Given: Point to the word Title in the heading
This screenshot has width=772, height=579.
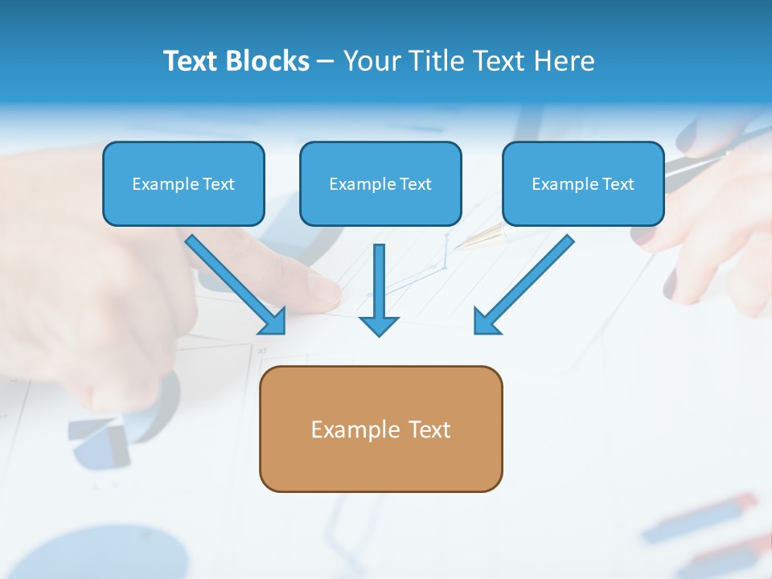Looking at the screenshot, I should pyautogui.click(x=435, y=61).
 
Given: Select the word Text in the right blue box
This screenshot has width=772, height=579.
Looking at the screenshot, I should pyautogui.click(x=618, y=184).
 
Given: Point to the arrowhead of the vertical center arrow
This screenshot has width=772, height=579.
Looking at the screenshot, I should pyautogui.click(x=379, y=325).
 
